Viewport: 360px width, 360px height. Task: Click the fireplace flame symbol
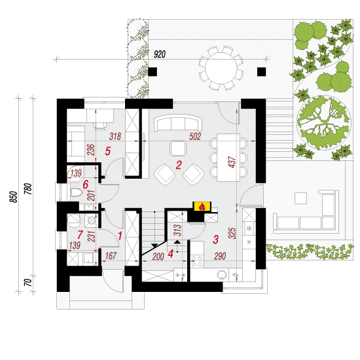[x=202, y=207]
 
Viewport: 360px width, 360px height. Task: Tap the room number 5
[x=108, y=151]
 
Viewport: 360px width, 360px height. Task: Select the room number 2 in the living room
[x=179, y=165]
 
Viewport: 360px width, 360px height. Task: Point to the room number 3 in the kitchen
[x=215, y=239]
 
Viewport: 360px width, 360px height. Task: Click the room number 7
[x=80, y=235]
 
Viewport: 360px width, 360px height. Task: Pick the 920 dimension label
[x=160, y=54]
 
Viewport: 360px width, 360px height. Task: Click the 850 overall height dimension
[x=14, y=197]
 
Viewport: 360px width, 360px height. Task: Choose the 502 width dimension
[x=195, y=136]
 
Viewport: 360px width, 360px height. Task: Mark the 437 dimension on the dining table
[x=232, y=162]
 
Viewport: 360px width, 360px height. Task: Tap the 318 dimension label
[x=115, y=136]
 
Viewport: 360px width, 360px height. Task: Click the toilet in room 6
[x=76, y=192]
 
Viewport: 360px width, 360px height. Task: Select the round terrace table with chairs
[x=221, y=68]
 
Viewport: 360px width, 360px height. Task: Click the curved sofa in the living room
[x=178, y=122]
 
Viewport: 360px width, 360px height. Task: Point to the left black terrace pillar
[x=153, y=71]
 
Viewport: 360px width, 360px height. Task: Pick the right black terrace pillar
[x=262, y=71]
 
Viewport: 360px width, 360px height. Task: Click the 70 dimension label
[x=27, y=282]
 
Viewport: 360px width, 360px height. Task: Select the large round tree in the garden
[x=324, y=122]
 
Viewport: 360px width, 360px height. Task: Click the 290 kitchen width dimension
[x=220, y=256]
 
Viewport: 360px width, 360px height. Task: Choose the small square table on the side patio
[x=301, y=198]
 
